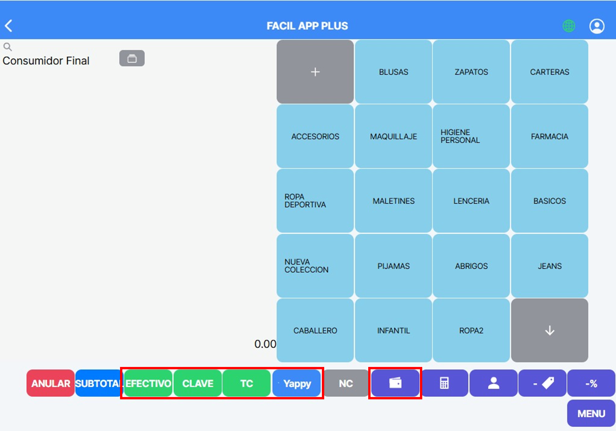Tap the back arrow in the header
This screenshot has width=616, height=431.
point(8,26)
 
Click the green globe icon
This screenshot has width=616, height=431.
point(569,26)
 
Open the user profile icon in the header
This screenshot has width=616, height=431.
point(597,26)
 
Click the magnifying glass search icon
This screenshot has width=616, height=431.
point(7,47)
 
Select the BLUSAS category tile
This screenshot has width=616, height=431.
point(393,72)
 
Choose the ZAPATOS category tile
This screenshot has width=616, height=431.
point(471,72)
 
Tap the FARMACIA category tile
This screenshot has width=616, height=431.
point(550,136)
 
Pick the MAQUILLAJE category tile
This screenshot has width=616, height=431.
point(393,136)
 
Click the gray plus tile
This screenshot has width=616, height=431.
point(315,72)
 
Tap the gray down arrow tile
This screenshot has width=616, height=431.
point(550,330)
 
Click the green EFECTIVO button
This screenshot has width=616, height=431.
point(148,383)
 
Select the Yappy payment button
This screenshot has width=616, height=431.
point(296,383)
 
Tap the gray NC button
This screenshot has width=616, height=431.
point(346,383)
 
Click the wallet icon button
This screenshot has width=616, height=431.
point(395,383)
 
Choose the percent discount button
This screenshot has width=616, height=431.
point(591,383)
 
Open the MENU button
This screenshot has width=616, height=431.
point(591,413)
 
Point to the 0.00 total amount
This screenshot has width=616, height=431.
point(265,344)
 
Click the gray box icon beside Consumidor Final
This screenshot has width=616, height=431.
point(132,58)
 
